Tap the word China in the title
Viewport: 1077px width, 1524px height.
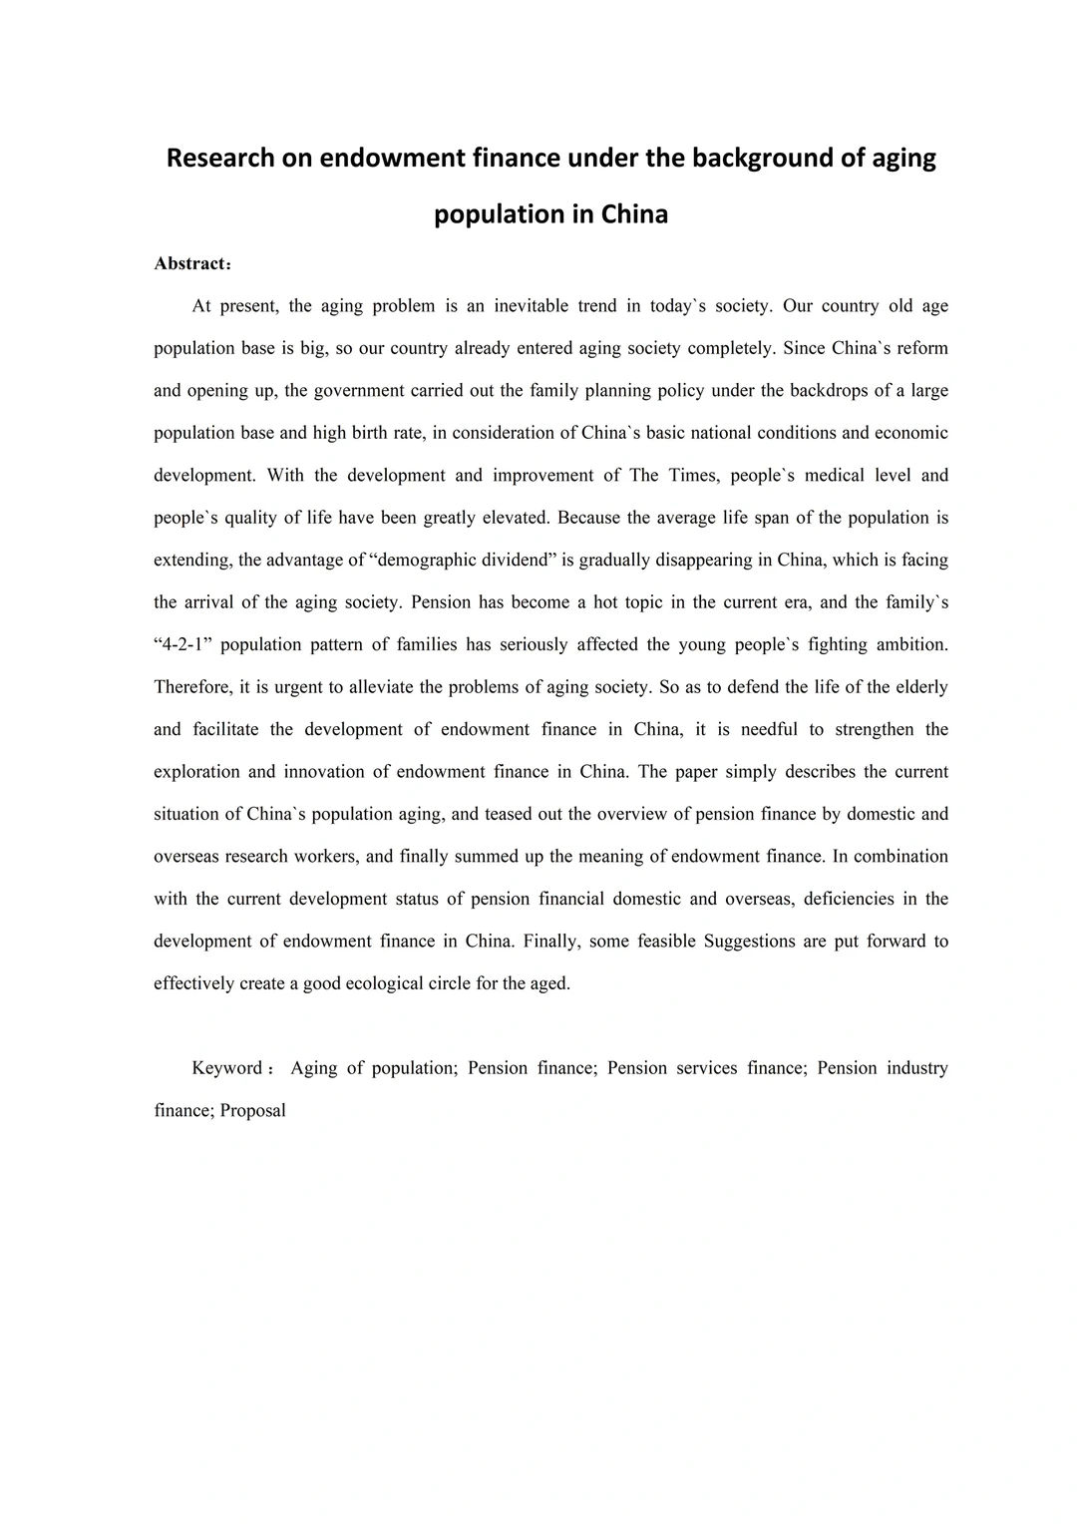634,214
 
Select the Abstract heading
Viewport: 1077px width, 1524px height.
189,264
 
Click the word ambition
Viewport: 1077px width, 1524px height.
912,644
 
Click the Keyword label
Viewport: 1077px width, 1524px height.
227,1068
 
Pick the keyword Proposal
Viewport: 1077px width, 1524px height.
253,1111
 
